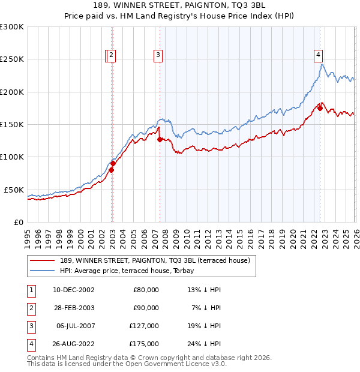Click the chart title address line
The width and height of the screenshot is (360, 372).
point(179,5)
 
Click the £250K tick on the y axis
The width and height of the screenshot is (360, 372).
point(12,59)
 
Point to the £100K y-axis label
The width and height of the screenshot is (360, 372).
point(12,157)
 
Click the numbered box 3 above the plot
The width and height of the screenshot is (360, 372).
point(158,55)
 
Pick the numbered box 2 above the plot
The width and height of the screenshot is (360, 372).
point(112,55)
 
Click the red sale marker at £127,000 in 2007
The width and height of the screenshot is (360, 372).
point(160,139)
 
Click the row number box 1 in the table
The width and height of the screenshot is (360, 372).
point(31,289)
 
